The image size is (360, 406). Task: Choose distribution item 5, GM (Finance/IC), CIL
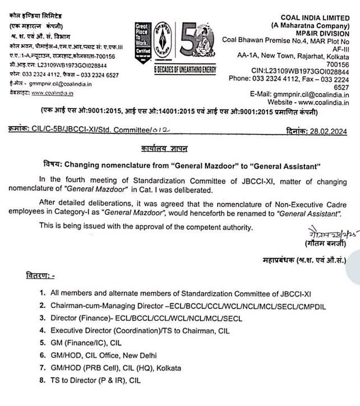(84, 343)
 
